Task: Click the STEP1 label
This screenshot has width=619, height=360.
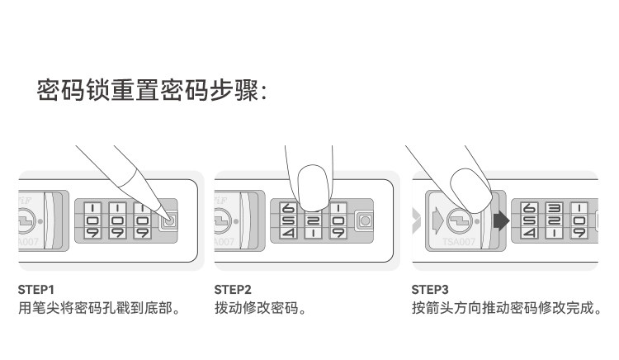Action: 36,290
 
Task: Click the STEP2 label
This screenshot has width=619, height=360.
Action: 233,290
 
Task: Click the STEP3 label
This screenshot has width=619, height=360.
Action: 430,290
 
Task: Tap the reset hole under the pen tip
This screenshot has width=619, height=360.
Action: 169,221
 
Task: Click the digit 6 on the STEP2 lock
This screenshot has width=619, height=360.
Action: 288,209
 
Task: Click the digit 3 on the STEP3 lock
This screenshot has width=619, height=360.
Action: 555,209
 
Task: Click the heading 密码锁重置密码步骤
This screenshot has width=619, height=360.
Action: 153,89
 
